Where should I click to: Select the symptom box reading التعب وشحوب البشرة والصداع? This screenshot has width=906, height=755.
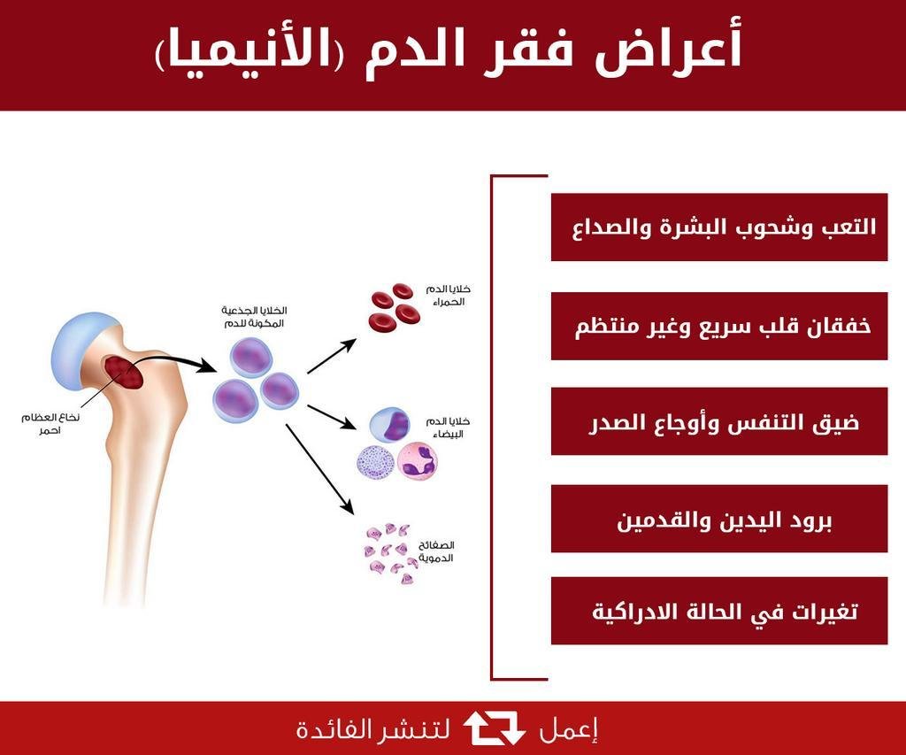(x=718, y=227)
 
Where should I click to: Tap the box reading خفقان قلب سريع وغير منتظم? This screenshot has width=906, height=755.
(x=718, y=326)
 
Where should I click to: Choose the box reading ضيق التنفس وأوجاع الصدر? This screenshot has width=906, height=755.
(x=718, y=421)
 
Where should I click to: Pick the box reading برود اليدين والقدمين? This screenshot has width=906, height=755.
(x=718, y=519)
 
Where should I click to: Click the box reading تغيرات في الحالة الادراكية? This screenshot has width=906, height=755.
(x=718, y=611)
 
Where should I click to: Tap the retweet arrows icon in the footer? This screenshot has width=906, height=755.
(x=495, y=728)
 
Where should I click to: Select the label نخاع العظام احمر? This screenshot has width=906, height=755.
(x=50, y=424)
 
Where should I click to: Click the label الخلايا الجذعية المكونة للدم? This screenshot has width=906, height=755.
(x=254, y=318)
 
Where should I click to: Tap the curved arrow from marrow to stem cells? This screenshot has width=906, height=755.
(x=173, y=361)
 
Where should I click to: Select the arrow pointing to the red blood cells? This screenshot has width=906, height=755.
(x=332, y=356)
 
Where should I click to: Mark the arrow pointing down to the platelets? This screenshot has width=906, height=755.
(x=319, y=469)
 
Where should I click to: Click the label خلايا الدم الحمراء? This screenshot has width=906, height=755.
(x=449, y=295)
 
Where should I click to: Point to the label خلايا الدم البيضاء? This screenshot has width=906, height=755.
(x=449, y=428)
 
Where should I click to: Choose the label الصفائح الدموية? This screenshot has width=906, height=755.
(x=436, y=551)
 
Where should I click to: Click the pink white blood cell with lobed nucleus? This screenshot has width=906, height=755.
(x=418, y=461)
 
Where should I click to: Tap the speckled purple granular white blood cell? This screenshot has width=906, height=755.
(x=375, y=464)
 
